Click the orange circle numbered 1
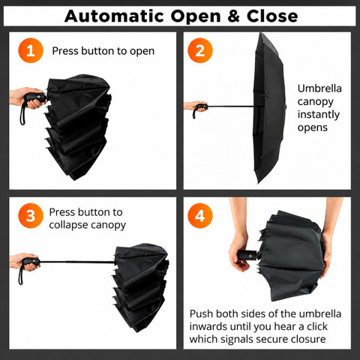tap(31, 50)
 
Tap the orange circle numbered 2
tap(200, 50)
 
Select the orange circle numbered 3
tap(31, 215)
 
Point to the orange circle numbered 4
tap(200, 215)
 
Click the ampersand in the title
tap(233, 16)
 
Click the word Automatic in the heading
tap(114, 16)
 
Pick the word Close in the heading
tap(272, 16)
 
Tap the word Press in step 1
tap(65, 51)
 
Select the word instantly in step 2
tap(319, 115)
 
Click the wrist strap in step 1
tap(22, 113)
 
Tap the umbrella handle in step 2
tap(200, 109)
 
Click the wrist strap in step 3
tap(20, 274)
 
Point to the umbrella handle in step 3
tap(31, 262)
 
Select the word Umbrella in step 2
tap(319, 88)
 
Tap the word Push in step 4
tap(201, 313)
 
